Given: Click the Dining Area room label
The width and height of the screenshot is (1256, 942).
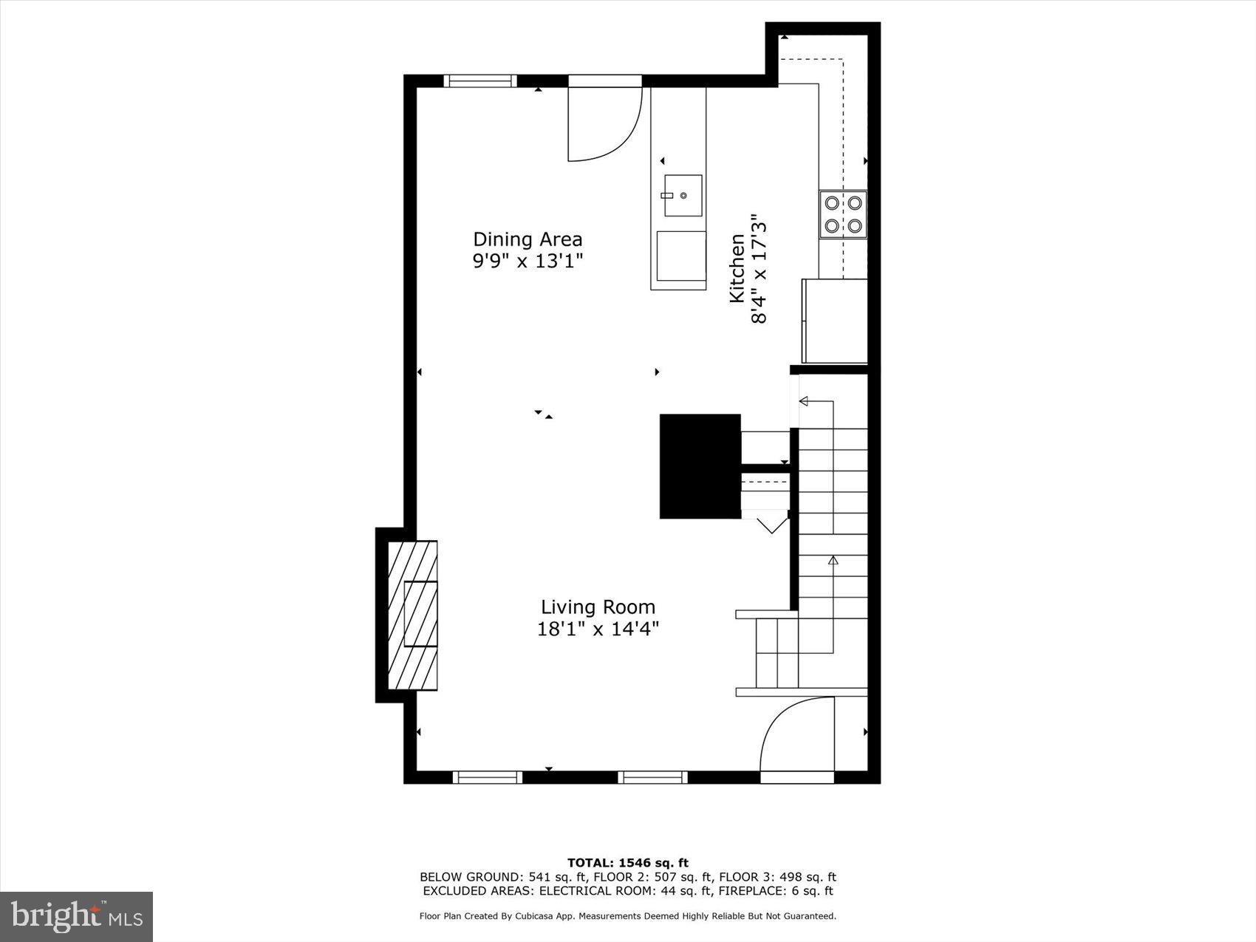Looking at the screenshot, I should pyautogui.click(x=528, y=239).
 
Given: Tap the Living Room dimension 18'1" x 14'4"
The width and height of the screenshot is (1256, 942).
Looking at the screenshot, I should pyautogui.click(x=598, y=629).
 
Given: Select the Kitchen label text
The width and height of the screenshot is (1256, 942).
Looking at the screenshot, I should pyautogui.click(x=737, y=268).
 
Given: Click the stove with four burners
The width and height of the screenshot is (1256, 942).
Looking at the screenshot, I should pyautogui.click(x=843, y=214).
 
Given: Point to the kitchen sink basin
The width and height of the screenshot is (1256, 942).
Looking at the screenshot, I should pyautogui.click(x=683, y=195).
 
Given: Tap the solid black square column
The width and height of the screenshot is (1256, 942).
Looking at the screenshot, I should pyautogui.click(x=700, y=466).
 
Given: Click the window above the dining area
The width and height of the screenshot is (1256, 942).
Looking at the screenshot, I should pyautogui.click(x=480, y=81).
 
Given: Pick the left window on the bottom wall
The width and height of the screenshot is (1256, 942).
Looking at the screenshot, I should pyautogui.click(x=488, y=777).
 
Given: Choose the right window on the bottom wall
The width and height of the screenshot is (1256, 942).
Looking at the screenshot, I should pyautogui.click(x=653, y=777).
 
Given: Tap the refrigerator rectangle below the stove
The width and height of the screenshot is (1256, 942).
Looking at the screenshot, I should pyautogui.click(x=835, y=321).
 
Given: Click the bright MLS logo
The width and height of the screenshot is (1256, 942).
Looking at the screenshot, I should pyautogui.click(x=77, y=916).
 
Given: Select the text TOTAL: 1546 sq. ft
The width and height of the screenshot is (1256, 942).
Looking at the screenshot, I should pyautogui.click(x=627, y=863).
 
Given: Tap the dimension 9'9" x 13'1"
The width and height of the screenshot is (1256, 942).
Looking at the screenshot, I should pyautogui.click(x=528, y=262).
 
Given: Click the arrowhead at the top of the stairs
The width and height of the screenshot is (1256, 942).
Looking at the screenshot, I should pyautogui.click(x=804, y=401).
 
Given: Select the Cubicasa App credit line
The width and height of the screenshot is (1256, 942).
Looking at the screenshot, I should pyautogui.click(x=627, y=916).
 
